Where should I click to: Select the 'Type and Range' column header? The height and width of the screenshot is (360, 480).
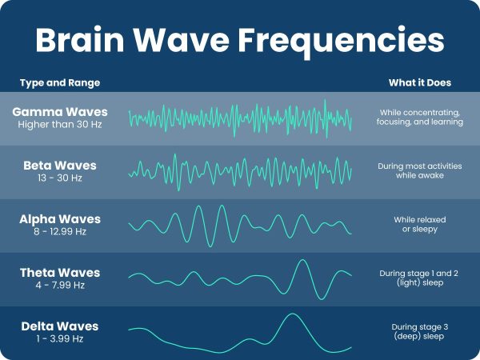[x=60, y=83]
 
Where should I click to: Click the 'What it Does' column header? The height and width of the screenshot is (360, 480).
[x=419, y=83]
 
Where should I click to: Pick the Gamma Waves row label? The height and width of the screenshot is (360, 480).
[x=60, y=111]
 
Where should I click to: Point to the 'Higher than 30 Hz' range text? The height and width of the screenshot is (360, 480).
[x=60, y=124]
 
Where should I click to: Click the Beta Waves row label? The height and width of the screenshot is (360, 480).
[x=60, y=166]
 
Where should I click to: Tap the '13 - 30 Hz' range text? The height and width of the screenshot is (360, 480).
[x=60, y=178]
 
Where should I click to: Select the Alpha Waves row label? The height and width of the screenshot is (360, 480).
[x=60, y=218]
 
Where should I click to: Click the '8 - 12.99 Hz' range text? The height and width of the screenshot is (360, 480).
[x=60, y=231]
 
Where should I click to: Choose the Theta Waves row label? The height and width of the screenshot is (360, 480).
[x=60, y=273]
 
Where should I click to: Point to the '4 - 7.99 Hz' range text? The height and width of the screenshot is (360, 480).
[x=60, y=285]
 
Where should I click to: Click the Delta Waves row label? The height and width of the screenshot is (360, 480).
[x=60, y=326]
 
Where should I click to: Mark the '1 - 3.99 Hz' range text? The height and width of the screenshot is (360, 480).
[x=60, y=338]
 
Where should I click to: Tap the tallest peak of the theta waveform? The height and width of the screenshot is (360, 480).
[x=302, y=261]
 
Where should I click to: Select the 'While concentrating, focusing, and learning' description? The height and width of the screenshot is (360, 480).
[x=419, y=117]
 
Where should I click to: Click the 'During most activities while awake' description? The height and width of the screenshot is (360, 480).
[x=419, y=170]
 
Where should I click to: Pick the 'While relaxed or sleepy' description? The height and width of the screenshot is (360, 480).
[x=419, y=225]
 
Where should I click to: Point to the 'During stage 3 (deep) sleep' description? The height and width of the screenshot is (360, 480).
[x=419, y=332]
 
